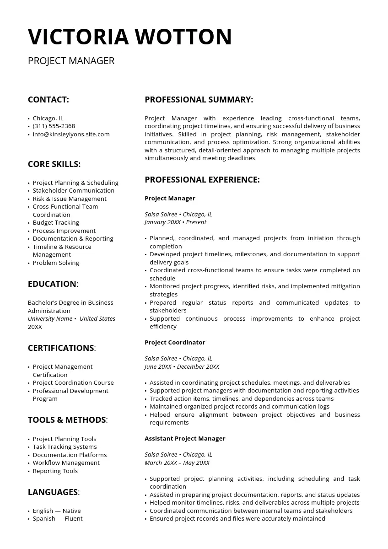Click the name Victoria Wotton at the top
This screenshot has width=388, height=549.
[x=130, y=37]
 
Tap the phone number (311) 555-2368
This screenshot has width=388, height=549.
[x=54, y=126]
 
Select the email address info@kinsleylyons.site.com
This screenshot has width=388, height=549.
[x=71, y=135]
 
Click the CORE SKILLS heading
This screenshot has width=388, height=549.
[x=54, y=164]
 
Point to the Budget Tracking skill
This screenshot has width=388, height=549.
[x=56, y=223]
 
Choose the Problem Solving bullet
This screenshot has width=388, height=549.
[x=56, y=263]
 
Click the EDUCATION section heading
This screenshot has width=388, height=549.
[x=52, y=284]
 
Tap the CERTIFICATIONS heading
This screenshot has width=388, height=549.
[x=61, y=348]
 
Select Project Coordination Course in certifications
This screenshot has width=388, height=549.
[x=73, y=383]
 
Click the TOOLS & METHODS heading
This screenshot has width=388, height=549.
[x=67, y=420]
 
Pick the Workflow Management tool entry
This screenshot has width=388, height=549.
[x=66, y=463]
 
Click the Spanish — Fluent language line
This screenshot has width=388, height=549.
[x=58, y=519]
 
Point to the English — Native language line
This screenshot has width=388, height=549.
[x=57, y=511]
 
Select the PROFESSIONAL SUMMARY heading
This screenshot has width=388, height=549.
[x=199, y=100]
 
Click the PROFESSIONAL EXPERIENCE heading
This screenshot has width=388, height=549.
[x=202, y=180]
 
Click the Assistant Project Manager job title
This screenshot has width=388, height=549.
[x=185, y=439]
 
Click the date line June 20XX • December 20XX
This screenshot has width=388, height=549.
[x=182, y=367]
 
